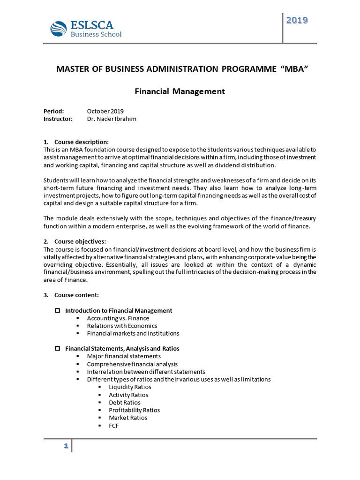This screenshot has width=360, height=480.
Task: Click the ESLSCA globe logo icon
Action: [x=59, y=28]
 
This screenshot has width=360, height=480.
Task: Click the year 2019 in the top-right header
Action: [x=297, y=20]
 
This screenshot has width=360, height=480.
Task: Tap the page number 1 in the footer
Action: [x=66, y=446]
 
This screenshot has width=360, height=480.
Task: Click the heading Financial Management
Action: [x=180, y=91]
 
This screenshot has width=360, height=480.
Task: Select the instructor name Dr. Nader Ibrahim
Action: [x=112, y=119]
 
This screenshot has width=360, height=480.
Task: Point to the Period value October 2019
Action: [x=105, y=111]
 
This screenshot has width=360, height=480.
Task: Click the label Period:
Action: [x=53, y=111]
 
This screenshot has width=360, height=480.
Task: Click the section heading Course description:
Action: [x=82, y=142]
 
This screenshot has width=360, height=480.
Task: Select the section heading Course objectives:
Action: [x=80, y=241]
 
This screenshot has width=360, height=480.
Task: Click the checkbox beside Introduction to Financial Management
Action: [x=58, y=310]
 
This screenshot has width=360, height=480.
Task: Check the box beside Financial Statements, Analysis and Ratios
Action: [x=58, y=348]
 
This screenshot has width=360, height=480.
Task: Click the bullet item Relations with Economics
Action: [x=122, y=326]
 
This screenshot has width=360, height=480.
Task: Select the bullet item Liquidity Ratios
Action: [x=130, y=387]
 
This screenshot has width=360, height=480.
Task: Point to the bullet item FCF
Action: [x=114, y=425]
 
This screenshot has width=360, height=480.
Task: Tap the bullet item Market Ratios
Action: [x=128, y=418]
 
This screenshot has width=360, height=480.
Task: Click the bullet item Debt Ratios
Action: [x=124, y=402]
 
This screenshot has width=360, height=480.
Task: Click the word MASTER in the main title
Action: [x=72, y=69]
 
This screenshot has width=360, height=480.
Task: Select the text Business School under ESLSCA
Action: [x=96, y=34]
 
